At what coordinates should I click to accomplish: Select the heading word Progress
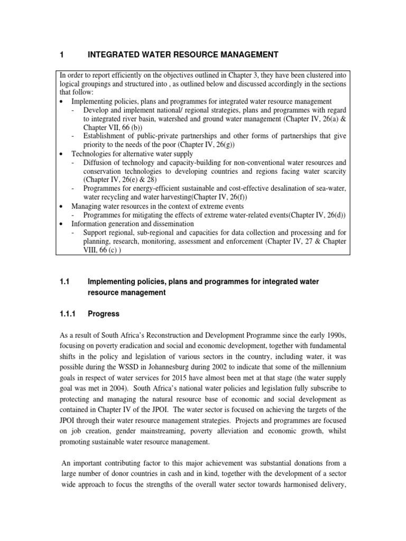104,314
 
